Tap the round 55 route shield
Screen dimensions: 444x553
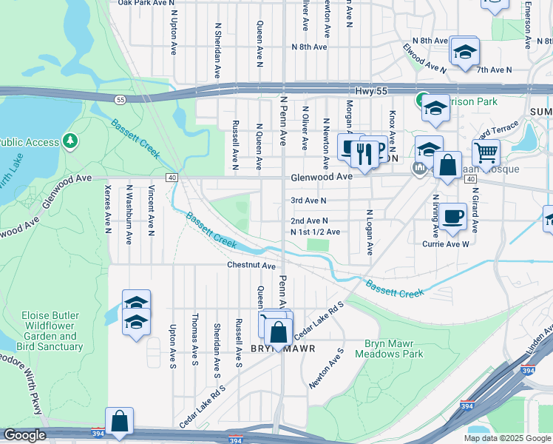click(x=121, y=99)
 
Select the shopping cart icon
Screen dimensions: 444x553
click(x=486, y=152)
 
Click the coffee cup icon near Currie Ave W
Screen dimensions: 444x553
click(x=452, y=216)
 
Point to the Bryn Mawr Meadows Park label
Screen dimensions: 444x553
click(x=394, y=349)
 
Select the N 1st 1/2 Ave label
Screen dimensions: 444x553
click(x=316, y=232)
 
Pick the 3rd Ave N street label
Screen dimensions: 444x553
click(x=308, y=200)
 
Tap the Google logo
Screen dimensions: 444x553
click(x=24, y=435)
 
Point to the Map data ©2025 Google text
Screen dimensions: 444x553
click(x=506, y=438)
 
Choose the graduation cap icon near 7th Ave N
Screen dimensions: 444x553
click(x=465, y=51)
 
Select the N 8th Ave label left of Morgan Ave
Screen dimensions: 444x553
click(x=309, y=47)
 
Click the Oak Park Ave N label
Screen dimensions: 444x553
click(x=143, y=3)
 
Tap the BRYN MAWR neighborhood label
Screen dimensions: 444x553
click(x=283, y=349)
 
